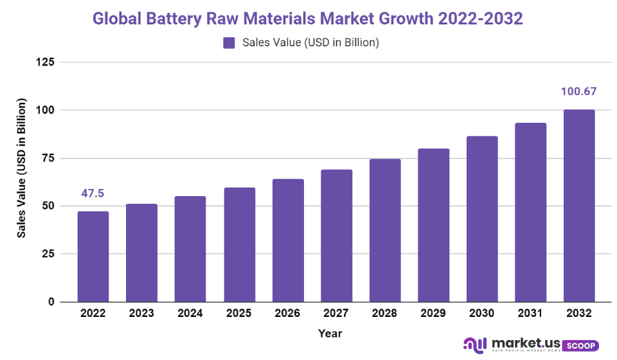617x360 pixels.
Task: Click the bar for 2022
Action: [93, 256]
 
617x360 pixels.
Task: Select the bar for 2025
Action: [239, 244]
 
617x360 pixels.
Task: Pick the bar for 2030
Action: [482, 219]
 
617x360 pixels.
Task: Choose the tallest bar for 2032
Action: [579, 206]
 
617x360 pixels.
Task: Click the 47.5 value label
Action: [93, 194]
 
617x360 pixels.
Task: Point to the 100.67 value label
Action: [579, 91]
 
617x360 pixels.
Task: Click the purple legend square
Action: [229, 43]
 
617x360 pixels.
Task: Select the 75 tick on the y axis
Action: [48, 158]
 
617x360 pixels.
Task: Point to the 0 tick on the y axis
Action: [51, 302]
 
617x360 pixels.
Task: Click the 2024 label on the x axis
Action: [190, 313]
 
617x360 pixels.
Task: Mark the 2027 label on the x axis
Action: [336, 313]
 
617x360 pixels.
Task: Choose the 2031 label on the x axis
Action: [530, 313]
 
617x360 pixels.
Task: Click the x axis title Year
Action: [330, 334]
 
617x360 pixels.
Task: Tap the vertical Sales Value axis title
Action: [22, 168]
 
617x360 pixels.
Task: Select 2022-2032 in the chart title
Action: [480, 18]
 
